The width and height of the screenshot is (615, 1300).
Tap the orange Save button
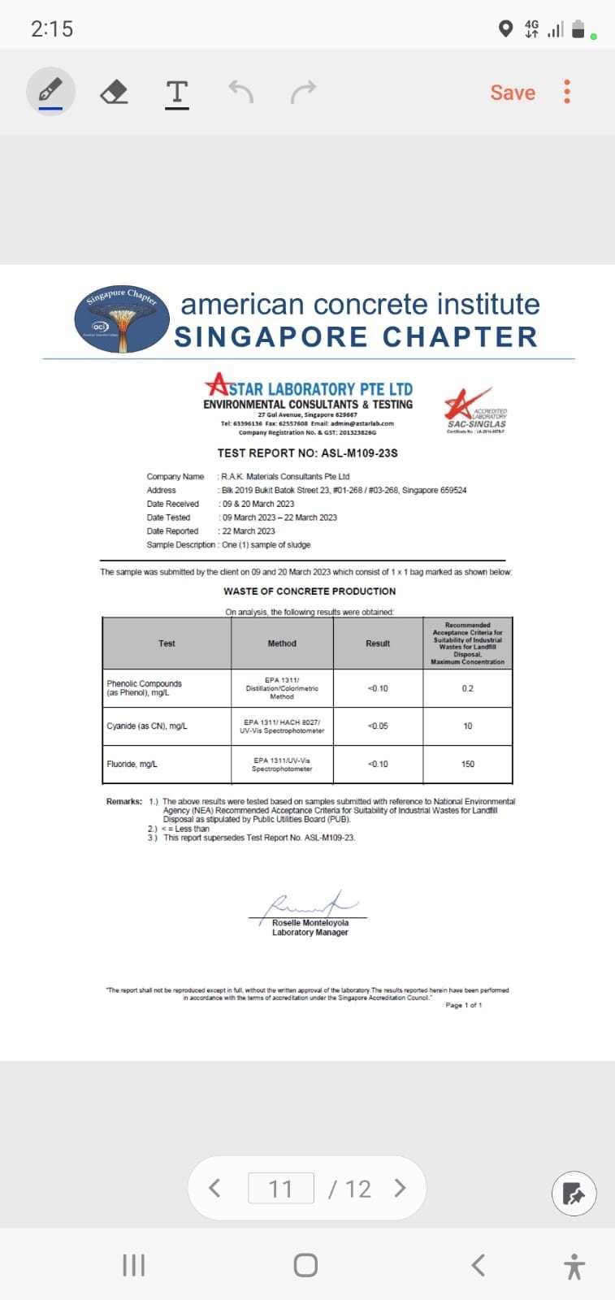point(513,93)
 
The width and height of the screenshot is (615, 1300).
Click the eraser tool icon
point(114,92)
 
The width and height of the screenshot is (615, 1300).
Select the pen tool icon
point(50,91)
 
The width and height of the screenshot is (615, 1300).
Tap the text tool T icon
point(176,93)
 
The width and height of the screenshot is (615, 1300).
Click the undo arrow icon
point(240,92)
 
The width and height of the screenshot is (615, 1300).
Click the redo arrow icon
point(303,92)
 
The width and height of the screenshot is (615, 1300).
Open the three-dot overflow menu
point(567,92)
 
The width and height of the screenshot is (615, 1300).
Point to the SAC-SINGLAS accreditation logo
point(476,411)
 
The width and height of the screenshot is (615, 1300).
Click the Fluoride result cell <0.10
point(378,764)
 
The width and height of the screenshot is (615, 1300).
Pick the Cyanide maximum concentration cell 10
point(467,726)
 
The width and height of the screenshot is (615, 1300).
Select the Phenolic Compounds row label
point(145,688)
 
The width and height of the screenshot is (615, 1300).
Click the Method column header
point(282,643)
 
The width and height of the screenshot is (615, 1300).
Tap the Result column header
point(378,643)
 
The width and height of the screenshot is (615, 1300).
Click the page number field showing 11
point(280,1189)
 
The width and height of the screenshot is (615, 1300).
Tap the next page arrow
point(400,1188)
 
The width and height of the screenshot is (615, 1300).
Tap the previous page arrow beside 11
point(214,1188)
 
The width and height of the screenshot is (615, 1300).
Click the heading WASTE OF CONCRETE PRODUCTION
point(310,591)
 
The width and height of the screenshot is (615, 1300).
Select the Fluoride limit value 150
point(467,764)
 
